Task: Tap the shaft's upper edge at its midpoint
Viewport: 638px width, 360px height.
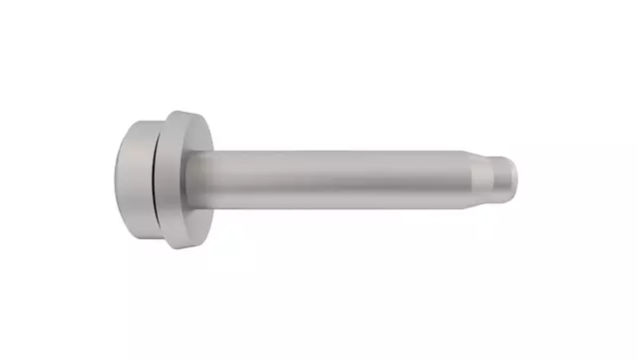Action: [339, 151]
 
